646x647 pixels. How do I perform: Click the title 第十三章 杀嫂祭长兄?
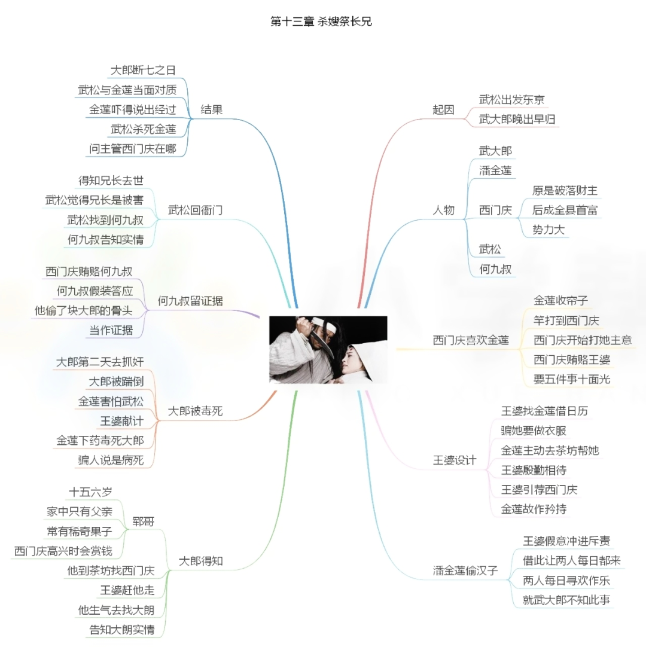coord(321,22)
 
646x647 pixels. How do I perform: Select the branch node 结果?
coord(212,109)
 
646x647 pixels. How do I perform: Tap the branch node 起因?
coord(443,109)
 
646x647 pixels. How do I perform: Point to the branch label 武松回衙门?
coord(196,210)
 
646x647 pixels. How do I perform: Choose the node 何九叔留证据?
coord(190,301)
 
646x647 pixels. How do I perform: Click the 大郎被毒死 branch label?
coord(195,411)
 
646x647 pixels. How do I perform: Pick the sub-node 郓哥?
coord(144,521)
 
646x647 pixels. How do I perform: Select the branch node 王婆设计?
coord(455,460)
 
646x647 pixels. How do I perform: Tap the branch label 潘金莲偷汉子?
coord(465,570)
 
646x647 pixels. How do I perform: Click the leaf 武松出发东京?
coord(511,99)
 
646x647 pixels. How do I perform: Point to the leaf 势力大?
coord(549,229)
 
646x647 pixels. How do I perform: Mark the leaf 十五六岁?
coord(90,492)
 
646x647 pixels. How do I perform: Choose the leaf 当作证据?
coord(111,330)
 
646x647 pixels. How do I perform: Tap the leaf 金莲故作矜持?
coord(534,509)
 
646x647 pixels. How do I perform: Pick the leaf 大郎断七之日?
coord(143,70)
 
